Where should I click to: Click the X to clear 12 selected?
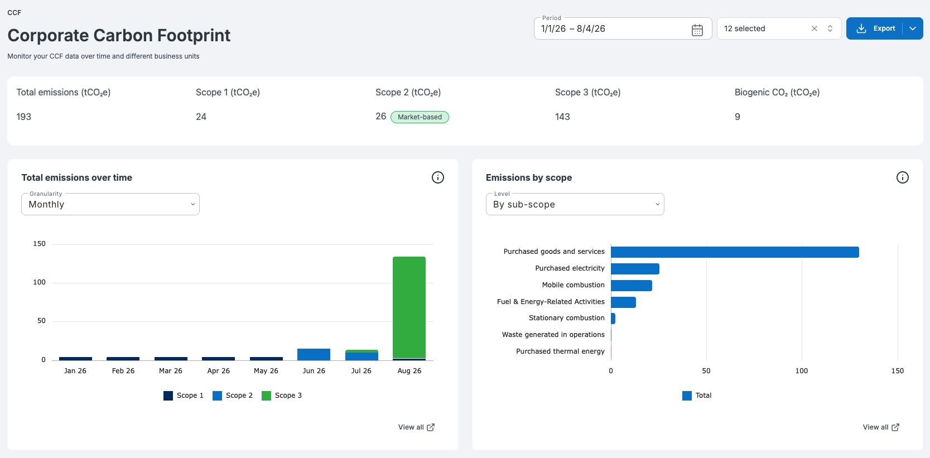click(814, 28)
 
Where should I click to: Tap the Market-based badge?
click(420, 117)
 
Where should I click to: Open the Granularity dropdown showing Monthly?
click(110, 204)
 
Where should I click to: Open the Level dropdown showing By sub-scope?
click(575, 204)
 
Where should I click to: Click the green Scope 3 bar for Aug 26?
click(409, 307)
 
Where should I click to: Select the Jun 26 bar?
click(314, 354)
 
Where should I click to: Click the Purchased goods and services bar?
click(735, 252)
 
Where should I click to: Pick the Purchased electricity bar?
click(635, 269)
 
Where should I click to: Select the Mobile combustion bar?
click(632, 285)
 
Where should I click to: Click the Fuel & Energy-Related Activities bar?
click(623, 302)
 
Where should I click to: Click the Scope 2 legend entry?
click(233, 396)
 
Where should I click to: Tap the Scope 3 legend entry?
click(282, 396)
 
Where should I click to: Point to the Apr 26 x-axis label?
click(218, 371)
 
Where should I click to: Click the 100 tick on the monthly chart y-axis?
click(40, 282)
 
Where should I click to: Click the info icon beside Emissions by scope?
click(902, 178)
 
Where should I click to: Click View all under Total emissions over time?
click(416, 427)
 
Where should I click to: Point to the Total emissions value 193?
click(23, 117)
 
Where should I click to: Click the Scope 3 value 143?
click(562, 117)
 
